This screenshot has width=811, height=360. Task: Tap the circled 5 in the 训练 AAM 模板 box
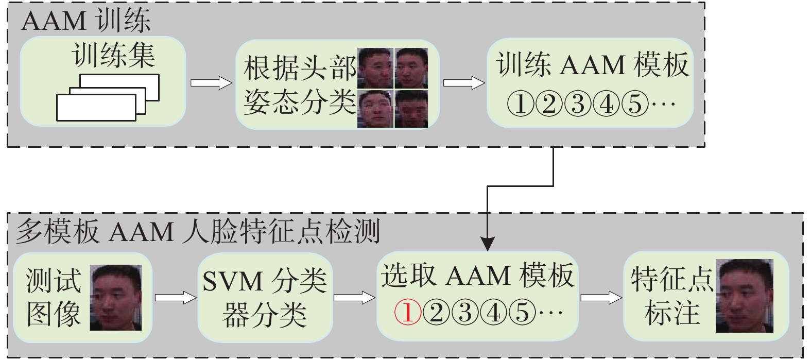click(635, 105)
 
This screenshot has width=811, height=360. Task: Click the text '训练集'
click(114, 56)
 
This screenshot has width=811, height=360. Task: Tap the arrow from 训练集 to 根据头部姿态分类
click(211, 82)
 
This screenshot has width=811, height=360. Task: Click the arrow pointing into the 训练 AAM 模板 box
click(464, 82)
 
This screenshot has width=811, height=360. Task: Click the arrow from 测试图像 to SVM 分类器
click(176, 297)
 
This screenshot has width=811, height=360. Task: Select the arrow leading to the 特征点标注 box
click(601, 297)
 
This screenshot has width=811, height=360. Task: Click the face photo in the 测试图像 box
click(116, 297)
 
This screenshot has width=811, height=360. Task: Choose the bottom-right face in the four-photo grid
click(411, 109)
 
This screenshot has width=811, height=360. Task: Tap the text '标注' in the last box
click(672, 313)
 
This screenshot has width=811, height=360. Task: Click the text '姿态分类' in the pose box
click(300, 102)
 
